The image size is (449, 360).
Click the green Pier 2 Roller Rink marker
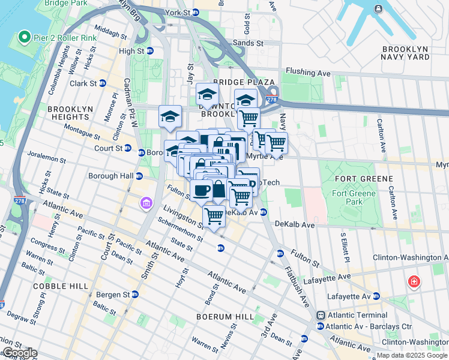point(25,38)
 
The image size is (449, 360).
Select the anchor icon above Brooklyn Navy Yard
point(378,8)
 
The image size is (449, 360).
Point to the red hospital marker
point(413,281)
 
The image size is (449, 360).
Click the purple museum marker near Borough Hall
point(146,205)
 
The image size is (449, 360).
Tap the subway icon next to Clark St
point(102,83)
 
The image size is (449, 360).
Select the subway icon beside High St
point(149,52)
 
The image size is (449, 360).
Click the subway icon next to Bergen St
point(135,295)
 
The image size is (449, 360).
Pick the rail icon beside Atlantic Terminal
point(321,315)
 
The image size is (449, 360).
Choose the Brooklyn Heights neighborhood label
point(71,113)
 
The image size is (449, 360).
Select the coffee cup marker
point(201,190)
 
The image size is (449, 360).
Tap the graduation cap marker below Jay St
point(207,94)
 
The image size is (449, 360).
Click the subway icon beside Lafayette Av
point(376,296)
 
